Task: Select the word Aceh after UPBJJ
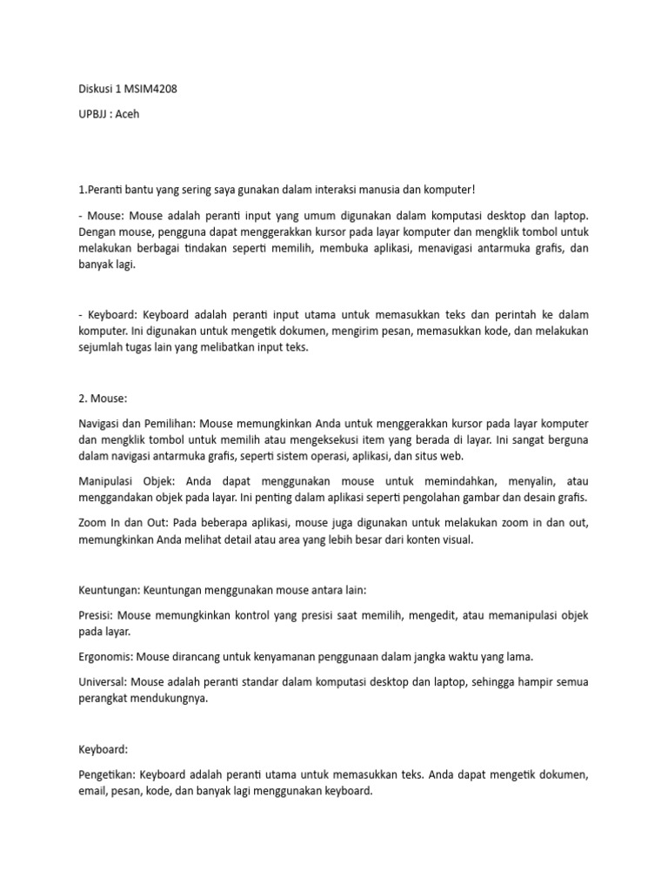128,114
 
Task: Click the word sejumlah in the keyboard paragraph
102,347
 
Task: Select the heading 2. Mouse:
103,398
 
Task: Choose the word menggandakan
117,498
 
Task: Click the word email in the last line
93,791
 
